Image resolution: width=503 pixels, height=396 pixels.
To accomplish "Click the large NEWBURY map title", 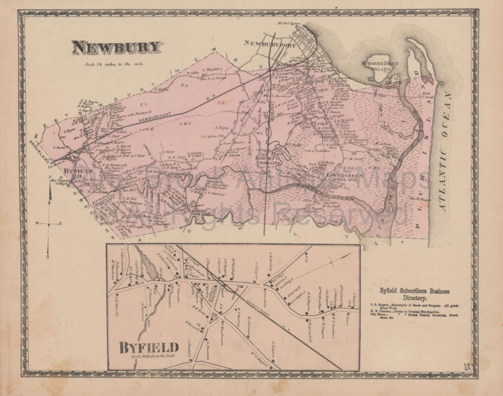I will point(116,47).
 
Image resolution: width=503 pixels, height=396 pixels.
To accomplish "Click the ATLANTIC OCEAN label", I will point(443,150).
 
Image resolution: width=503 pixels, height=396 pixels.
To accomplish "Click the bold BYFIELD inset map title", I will point(149,347).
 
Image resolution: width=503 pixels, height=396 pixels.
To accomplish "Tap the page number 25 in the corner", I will point(467,365).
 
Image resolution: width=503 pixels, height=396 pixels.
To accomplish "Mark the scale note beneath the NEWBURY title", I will point(116,64).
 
